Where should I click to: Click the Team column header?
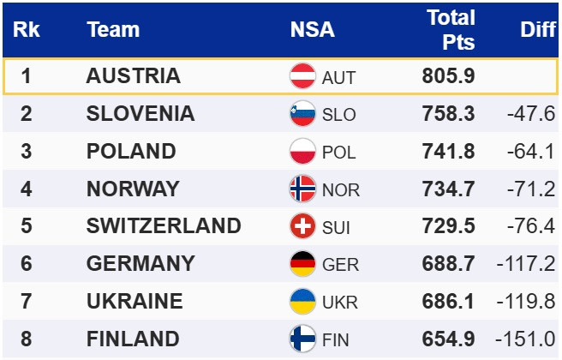pyautogui.click(x=113, y=29)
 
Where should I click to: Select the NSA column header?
pyautogui.click(x=313, y=29)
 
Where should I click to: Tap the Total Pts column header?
pyautogui.click(x=451, y=29)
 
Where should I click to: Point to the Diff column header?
pyautogui.click(x=538, y=29)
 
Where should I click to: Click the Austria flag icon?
pyautogui.click(x=303, y=76)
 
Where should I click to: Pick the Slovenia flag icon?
pyautogui.click(x=303, y=114)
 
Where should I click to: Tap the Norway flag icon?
pyautogui.click(x=303, y=189)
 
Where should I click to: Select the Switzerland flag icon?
pyautogui.click(x=303, y=226)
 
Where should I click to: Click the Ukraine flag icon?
pyautogui.click(x=303, y=301)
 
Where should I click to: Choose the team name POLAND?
pyautogui.click(x=131, y=152)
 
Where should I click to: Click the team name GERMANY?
pyautogui.click(x=140, y=263)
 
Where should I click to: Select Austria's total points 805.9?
pyautogui.click(x=448, y=76)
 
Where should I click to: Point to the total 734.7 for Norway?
pyautogui.click(x=448, y=189)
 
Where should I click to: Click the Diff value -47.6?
pyautogui.click(x=531, y=114)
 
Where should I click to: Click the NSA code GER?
pyautogui.click(x=340, y=264)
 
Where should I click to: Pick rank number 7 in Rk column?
pyautogui.click(x=27, y=301)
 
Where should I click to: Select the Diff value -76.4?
pyautogui.click(x=531, y=226)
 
